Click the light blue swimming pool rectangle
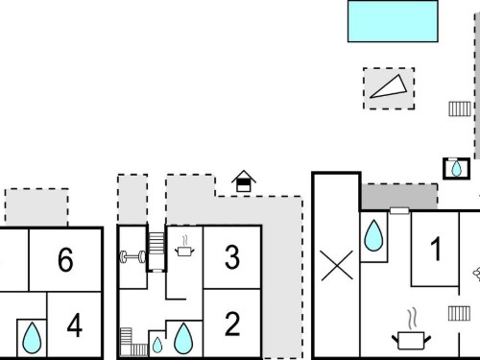click(x=393, y=21)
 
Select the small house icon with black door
click(x=244, y=181)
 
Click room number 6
click(x=65, y=259)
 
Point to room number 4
click(x=75, y=325)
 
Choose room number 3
click(x=232, y=257)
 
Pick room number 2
click(x=232, y=324)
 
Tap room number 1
click(x=436, y=249)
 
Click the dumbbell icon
click(x=132, y=256)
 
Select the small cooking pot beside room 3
click(x=184, y=247)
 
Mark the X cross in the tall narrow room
click(x=337, y=266)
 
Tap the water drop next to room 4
click(x=32, y=339)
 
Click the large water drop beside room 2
click(x=183, y=339)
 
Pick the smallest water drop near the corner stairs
click(x=157, y=346)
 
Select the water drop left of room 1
click(x=373, y=236)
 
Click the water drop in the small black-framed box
click(x=456, y=169)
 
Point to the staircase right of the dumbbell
click(x=156, y=244)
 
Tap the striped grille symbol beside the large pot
click(x=459, y=313)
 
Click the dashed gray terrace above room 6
click(x=36, y=207)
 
